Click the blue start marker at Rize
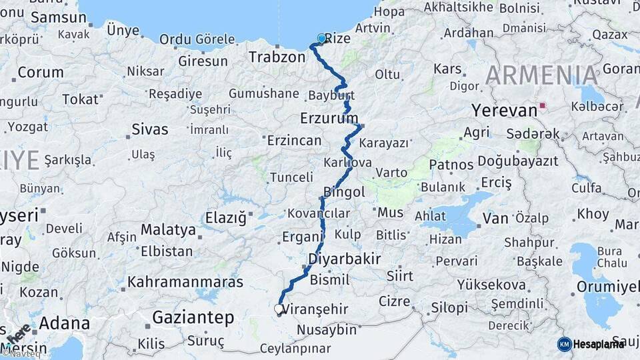(x=321, y=39)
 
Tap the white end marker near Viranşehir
(x=279, y=309)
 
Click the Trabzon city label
(x=277, y=57)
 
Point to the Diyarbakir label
(x=345, y=259)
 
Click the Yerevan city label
(x=504, y=110)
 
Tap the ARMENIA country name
(x=541, y=75)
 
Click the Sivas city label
(x=150, y=129)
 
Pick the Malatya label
(x=168, y=231)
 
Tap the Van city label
(x=495, y=217)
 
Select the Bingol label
(x=344, y=193)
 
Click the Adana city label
(x=64, y=324)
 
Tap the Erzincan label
(x=294, y=141)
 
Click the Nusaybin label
(x=327, y=329)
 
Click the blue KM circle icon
(x=564, y=344)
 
